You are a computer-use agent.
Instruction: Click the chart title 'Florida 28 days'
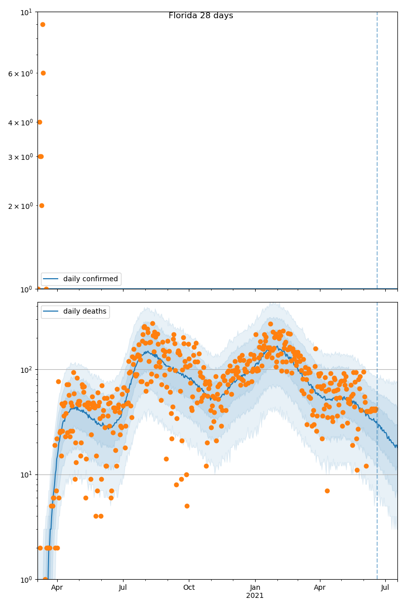click(x=200, y=16)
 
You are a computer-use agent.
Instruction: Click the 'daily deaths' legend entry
click(x=85, y=312)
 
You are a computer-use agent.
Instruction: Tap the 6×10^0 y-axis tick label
click(x=20, y=74)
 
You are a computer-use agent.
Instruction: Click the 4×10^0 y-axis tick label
click(x=20, y=122)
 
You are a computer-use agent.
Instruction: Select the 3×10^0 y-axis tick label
click(x=20, y=157)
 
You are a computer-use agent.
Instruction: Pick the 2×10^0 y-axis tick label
click(x=20, y=206)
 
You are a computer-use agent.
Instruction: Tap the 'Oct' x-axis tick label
click(x=189, y=587)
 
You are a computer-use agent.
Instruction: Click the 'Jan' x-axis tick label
click(x=255, y=587)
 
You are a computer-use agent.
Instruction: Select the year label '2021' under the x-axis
click(x=255, y=596)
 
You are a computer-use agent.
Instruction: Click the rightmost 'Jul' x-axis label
click(x=385, y=587)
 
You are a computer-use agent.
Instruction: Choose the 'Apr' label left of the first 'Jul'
click(x=57, y=587)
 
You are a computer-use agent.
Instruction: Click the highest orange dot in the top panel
click(x=43, y=24)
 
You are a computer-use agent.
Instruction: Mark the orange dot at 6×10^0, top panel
click(x=43, y=73)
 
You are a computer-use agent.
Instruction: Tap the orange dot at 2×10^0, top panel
click(x=42, y=205)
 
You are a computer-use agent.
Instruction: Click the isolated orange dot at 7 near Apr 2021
click(x=327, y=491)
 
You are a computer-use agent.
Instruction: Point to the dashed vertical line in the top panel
click(x=377, y=152)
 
